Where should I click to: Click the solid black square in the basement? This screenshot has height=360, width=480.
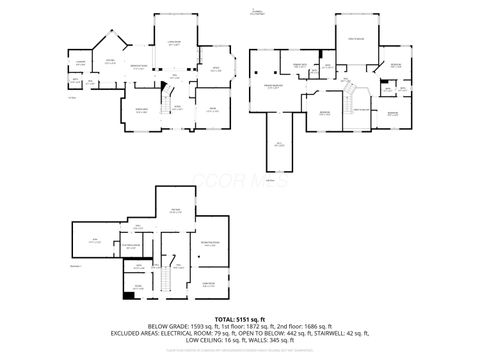[x=127, y=294]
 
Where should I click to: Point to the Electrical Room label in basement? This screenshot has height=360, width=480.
[x=130, y=245]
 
